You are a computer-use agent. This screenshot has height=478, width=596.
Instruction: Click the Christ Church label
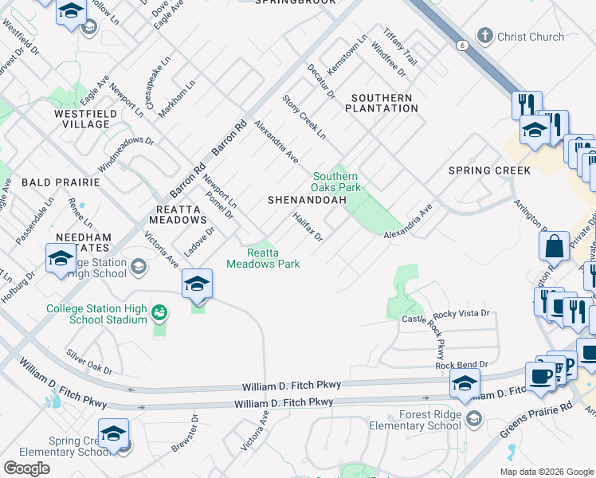531,37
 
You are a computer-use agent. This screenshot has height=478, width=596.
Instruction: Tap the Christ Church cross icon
484,36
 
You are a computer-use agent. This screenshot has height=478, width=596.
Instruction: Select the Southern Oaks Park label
336,182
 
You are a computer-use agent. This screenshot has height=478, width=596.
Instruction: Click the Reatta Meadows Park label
263,258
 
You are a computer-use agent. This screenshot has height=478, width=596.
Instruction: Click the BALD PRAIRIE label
50,182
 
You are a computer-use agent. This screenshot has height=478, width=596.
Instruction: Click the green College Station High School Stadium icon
159,311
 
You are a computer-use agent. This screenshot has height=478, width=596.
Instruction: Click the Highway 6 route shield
462,45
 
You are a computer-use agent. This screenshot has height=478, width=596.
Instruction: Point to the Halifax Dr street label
307,226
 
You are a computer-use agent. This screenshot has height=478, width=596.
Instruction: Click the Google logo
26,468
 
